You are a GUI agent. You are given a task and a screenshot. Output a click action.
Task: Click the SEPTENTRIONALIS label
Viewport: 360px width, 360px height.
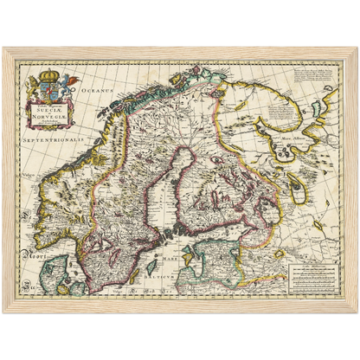(x=50, y=138)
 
